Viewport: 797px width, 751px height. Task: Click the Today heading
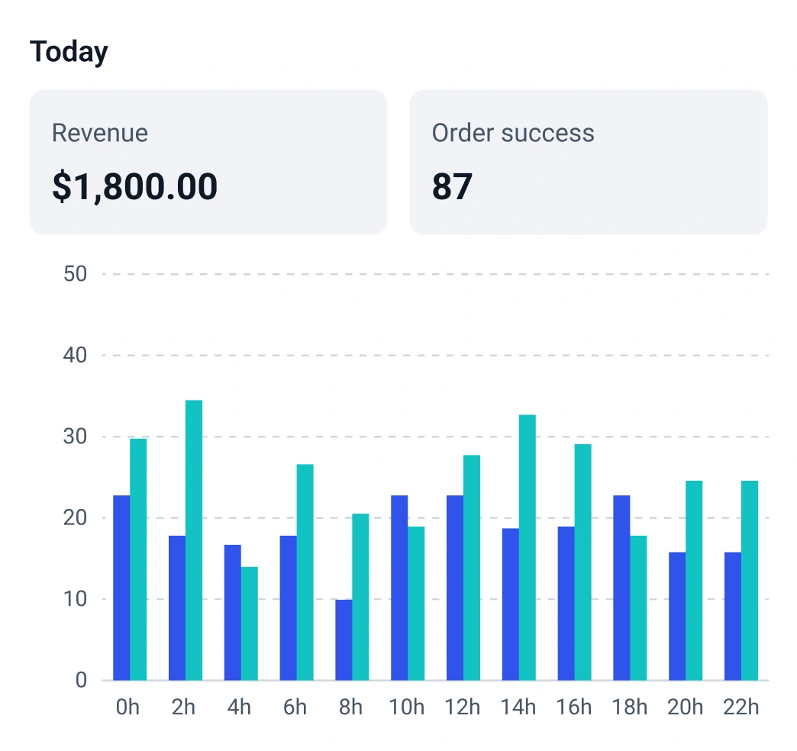click(69, 52)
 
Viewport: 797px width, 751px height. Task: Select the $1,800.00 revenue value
click(134, 187)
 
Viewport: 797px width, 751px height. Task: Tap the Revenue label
click(99, 133)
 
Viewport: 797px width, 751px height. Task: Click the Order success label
click(512, 133)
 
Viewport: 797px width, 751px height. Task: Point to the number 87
click(452, 187)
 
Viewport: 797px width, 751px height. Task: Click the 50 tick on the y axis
click(75, 274)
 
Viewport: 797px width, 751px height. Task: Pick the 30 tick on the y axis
click(75, 437)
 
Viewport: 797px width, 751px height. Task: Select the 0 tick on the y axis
click(81, 681)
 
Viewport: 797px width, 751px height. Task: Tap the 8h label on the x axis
click(350, 707)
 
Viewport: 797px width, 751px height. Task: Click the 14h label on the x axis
click(518, 707)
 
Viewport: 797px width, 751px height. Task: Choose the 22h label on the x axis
click(741, 707)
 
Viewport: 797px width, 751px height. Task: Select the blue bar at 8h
click(344, 640)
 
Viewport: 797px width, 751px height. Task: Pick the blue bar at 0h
click(121, 588)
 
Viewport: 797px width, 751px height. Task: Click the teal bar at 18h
click(638, 608)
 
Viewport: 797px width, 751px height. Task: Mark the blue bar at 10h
click(399, 588)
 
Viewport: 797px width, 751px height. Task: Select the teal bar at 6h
click(305, 572)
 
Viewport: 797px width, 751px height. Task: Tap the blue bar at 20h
click(677, 616)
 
